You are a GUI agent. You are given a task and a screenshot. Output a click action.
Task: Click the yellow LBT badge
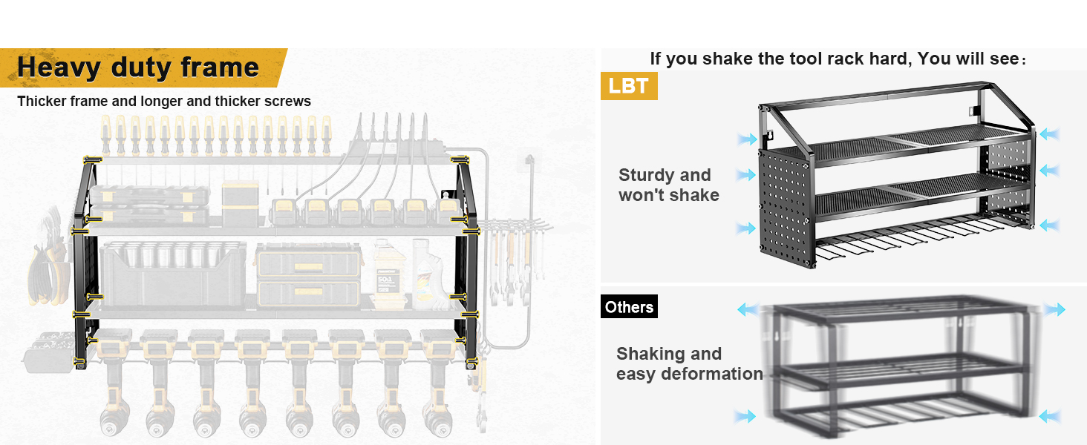click(629, 86)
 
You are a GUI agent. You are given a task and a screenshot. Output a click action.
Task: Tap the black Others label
click(629, 306)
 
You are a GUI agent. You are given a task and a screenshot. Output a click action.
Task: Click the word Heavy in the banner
click(58, 67)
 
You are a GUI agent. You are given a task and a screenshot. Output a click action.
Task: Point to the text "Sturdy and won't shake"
click(669, 185)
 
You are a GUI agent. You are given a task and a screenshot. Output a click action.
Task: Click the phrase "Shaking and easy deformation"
click(689, 363)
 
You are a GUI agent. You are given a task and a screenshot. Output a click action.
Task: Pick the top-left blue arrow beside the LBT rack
click(747, 139)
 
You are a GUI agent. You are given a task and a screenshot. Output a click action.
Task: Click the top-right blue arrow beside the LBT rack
click(1049, 133)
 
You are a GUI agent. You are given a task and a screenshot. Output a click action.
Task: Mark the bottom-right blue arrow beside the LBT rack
click(1049, 225)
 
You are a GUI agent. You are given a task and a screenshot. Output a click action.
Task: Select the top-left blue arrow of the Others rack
click(748, 309)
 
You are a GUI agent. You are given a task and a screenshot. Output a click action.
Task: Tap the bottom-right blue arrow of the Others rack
click(1049, 416)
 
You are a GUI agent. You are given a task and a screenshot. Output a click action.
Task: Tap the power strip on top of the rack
click(397, 146)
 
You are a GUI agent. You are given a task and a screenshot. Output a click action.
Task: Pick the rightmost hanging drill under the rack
click(438, 383)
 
